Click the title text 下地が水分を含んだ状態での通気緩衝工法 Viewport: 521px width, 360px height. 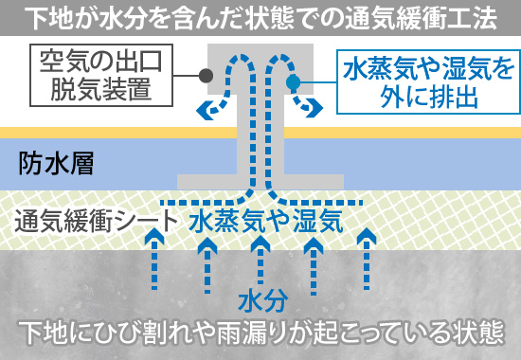point(260,17)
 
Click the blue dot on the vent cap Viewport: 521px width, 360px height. point(296,81)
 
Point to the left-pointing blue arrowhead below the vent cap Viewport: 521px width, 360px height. point(203,109)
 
